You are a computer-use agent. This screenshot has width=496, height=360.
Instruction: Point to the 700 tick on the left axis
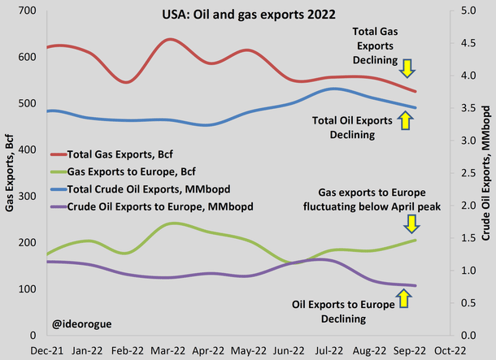click(x=29, y=11)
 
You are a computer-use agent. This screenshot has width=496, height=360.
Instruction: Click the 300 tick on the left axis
click(x=29, y=196)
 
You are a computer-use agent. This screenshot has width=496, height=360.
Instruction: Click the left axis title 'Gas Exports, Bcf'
click(x=11, y=172)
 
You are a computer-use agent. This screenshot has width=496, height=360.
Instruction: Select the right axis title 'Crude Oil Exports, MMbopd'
click(x=488, y=172)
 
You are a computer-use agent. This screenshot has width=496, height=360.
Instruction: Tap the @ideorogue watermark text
click(x=83, y=323)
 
